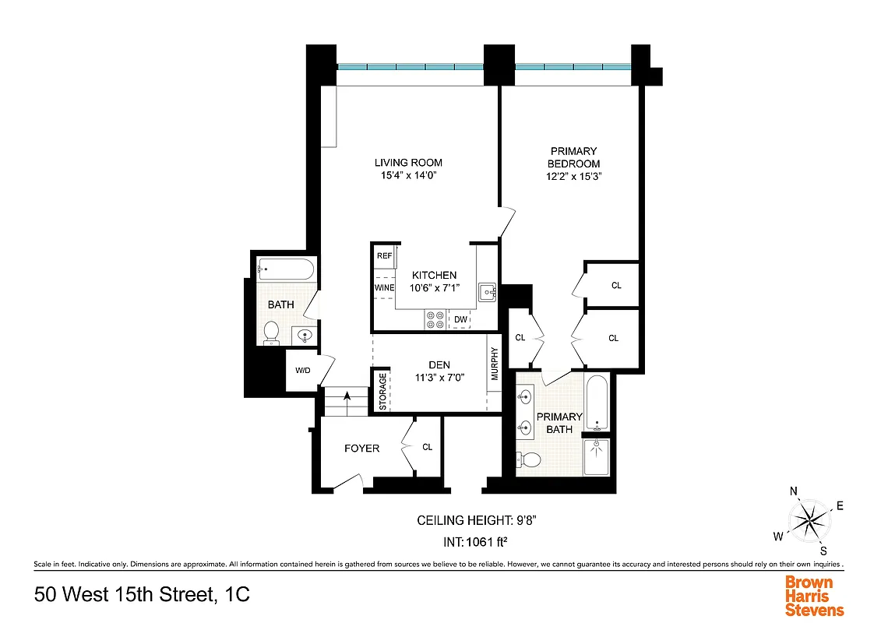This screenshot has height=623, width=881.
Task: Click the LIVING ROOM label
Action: pos(408,163)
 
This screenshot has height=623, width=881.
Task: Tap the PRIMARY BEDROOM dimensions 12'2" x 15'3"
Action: pos(574,177)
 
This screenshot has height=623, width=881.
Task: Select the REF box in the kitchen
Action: pos(384,255)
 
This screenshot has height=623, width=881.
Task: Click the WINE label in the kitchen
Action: pos(384,288)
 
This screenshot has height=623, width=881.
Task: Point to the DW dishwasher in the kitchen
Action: pos(460,319)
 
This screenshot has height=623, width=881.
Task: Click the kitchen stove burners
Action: pos(435,319)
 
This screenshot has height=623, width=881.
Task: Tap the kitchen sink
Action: pos(487,292)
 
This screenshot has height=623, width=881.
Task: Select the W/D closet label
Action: pos(302,370)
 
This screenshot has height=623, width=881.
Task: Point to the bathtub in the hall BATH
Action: pos(285,271)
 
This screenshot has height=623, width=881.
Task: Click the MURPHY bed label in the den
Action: pos(494,363)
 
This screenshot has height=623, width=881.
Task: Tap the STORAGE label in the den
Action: pos(382,391)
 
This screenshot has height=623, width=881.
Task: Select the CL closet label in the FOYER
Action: pos(427,447)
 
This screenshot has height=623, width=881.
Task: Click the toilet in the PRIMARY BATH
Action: pos(530,459)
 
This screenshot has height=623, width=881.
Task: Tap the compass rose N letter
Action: pos(794,491)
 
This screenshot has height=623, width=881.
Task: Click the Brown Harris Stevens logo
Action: pos(814,596)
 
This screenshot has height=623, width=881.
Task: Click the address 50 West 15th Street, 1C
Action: pos(143,596)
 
